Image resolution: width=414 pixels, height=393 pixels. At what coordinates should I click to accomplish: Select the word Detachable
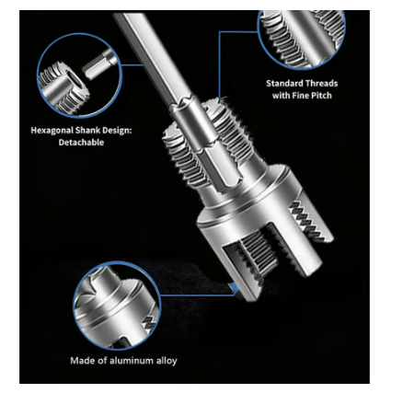(x=82, y=144)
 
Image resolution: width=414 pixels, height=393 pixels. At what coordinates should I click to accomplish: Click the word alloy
(x=165, y=360)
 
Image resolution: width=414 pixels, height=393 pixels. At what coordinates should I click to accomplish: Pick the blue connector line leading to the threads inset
(x=221, y=55)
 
